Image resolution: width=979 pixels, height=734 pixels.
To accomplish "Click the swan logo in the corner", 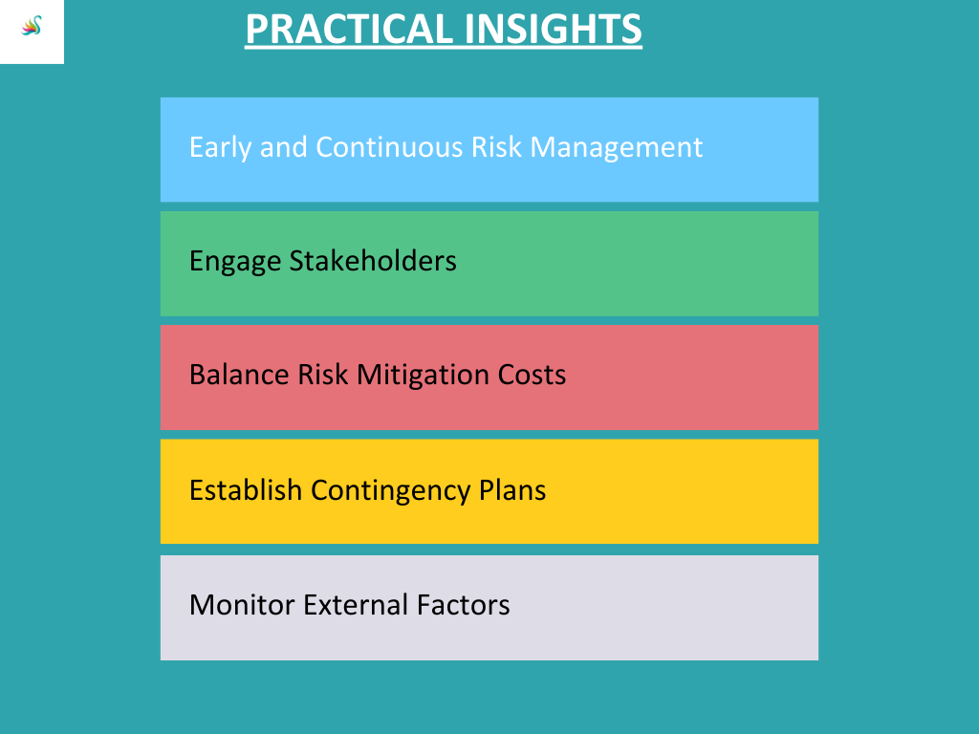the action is [32, 26].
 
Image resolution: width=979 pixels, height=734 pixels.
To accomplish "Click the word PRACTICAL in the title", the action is [349, 30].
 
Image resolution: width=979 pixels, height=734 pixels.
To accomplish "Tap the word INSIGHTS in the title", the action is [554, 30].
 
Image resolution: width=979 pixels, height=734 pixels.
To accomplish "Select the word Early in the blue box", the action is [220, 148].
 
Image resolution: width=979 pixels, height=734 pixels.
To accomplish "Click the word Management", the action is [617, 148].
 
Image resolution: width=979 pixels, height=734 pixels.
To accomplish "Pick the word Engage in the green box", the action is [235, 262].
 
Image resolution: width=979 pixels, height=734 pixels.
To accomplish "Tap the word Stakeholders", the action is [373, 260].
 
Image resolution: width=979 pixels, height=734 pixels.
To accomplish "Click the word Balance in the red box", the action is [239, 375].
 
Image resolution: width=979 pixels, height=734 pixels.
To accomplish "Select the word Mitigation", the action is [423, 376].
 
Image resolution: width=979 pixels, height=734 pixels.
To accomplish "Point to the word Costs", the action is [532, 375].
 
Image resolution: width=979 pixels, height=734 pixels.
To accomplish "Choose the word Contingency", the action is [390, 491].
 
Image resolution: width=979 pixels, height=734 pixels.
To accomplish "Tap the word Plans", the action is [512, 490].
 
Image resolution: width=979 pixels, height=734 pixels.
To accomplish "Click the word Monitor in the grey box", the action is [242, 605].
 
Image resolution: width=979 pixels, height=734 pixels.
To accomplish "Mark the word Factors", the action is [464, 605].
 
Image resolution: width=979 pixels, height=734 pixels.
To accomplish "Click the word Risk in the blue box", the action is [496, 147].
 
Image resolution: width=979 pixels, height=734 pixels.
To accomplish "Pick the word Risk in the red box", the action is [323, 375].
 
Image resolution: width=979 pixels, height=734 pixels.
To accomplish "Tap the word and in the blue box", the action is [283, 147].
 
